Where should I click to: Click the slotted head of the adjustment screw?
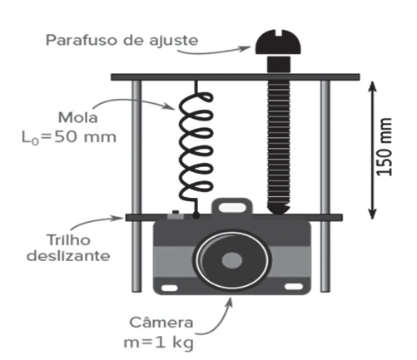[278, 42]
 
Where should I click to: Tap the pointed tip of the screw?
[278, 213]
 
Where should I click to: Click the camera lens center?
[232, 260]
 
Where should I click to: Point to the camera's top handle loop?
[232, 206]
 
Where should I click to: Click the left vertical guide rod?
[137, 185]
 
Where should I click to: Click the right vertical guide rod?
[325, 185]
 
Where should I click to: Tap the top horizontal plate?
[236, 77]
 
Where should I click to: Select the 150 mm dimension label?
[385, 147]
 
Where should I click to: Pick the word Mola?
[78, 118]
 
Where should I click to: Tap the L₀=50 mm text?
[69, 137]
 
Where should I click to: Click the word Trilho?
[68, 240]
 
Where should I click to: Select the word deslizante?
[68, 256]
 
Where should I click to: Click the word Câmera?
[161, 322]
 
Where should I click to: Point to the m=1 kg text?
[158, 343]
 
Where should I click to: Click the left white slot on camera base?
[170, 288]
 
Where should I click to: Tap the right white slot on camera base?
[294, 287]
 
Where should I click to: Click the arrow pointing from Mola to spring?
[132, 101]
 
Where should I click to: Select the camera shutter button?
[176, 215]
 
